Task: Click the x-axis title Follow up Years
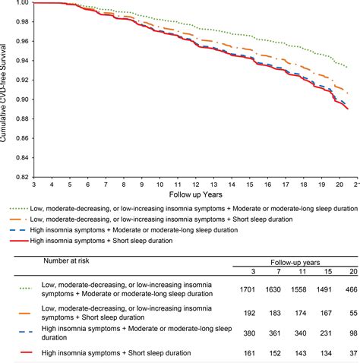(x=192, y=194)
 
